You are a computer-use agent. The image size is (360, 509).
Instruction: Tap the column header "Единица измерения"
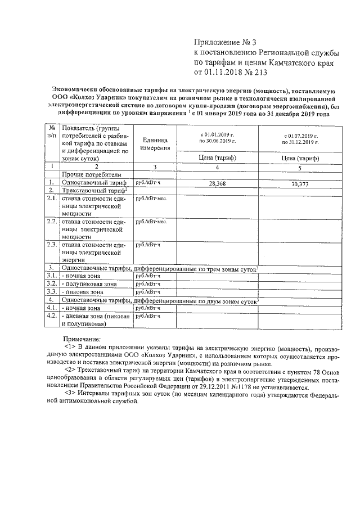click(155, 143)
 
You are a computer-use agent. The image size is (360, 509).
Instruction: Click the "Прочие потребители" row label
click(84, 175)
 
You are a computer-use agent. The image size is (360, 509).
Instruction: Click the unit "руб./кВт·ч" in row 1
click(148, 183)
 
